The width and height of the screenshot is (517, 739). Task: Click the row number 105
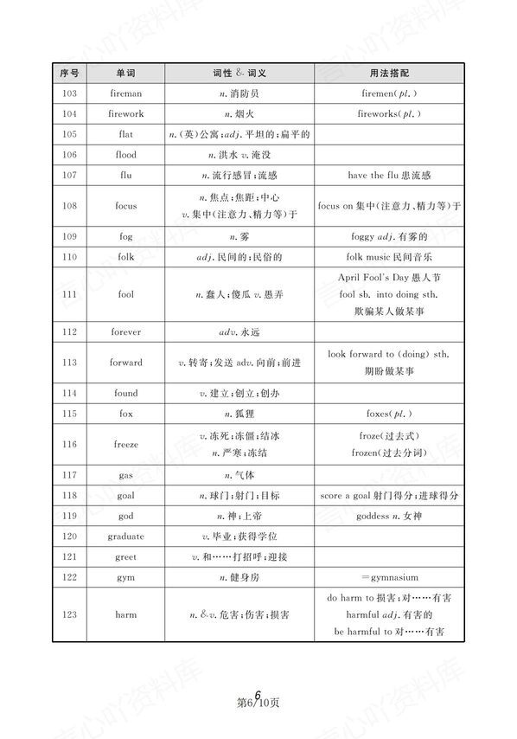pyautogui.click(x=71, y=134)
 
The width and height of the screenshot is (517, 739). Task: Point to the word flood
pyautogui.click(x=126, y=154)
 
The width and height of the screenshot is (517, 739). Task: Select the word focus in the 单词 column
pyautogui.click(x=126, y=206)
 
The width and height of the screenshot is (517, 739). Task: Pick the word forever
pyautogui.click(x=126, y=331)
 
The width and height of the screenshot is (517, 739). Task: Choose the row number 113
pyautogui.click(x=71, y=363)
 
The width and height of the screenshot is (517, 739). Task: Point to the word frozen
pyautogui.click(x=367, y=453)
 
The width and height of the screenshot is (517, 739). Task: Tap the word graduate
pyautogui.click(x=126, y=536)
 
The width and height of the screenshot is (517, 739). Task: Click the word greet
pyautogui.click(x=126, y=556)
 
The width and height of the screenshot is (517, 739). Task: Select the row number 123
pyautogui.click(x=71, y=614)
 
